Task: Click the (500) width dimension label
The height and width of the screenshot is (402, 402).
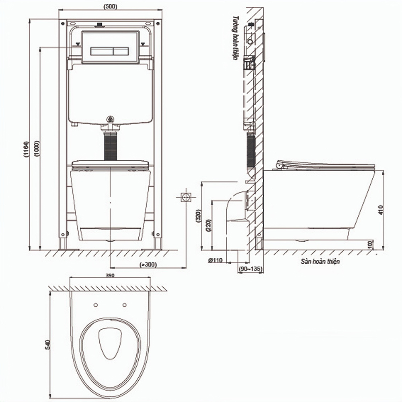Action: click(110, 7)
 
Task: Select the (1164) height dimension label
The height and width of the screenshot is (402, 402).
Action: click(26, 149)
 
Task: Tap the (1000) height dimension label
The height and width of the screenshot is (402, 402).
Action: click(37, 148)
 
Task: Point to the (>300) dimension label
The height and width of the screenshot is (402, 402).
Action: click(148, 265)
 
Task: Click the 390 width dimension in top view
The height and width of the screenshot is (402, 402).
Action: click(110, 276)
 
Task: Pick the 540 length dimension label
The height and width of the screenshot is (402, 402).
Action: click(47, 345)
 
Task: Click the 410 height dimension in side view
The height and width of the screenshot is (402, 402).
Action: click(380, 210)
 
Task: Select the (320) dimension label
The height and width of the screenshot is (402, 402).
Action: click(198, 216)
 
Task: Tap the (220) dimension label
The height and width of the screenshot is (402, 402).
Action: click(209, 226)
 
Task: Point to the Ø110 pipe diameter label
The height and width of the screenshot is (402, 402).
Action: click(215, 260)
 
